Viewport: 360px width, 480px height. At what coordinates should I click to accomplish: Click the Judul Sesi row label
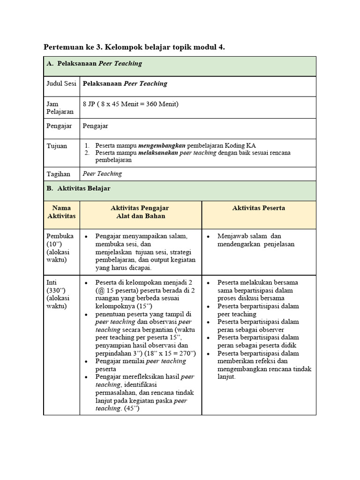click(61, 84)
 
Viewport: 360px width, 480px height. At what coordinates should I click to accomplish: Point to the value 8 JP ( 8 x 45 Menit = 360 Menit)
click(131, 104)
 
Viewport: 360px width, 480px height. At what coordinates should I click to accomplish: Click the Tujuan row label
click(57, 146)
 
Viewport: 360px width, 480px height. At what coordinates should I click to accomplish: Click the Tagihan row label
click(58, 174)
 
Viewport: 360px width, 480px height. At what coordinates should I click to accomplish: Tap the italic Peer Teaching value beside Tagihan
click(102, 173)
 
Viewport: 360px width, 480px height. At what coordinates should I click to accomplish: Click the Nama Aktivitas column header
click(61, 212)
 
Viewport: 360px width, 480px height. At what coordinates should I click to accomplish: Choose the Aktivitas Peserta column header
click(259, 208)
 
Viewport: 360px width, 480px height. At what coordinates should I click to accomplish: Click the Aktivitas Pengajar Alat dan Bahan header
click(140, 212)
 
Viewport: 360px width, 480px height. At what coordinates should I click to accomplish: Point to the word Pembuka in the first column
click(60, 236)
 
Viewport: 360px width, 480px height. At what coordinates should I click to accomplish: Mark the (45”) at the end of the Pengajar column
click(132, 408)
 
